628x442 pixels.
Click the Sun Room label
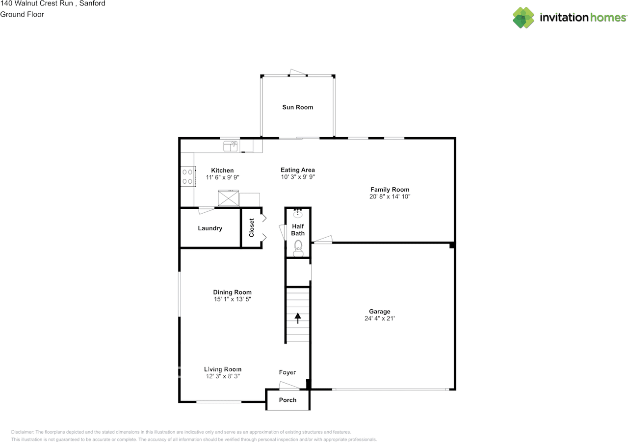[x=297, y=107]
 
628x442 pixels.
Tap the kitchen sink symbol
[x=231, y=146]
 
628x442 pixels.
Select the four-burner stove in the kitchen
[x=188, y=176]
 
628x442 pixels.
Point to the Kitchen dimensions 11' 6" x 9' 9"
[x=222, y=177]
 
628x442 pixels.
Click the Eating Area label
[x=297, y=170]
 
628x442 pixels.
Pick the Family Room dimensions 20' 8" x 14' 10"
[x=390, y=196]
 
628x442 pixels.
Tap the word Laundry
[x=210, y=228]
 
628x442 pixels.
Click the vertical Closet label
[x=252, y=228]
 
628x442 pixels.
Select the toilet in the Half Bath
[x=298, y=248]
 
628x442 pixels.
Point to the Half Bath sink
[x=297, y=214]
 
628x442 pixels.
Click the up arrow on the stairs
[x=298, y=318]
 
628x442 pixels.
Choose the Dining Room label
[x=232, y=292]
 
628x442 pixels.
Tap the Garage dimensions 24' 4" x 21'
[x=380, y=319]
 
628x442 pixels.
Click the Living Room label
[x=223, y=369]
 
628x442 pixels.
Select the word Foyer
[x=288, y=372]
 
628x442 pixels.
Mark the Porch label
[x=288, y=400]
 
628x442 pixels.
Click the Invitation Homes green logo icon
[x=523, y=18]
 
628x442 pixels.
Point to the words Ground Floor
[x=22, y=14]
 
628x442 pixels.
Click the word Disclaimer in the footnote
[x=22, y=432]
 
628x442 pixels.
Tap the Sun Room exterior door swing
[x=297, y=72]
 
